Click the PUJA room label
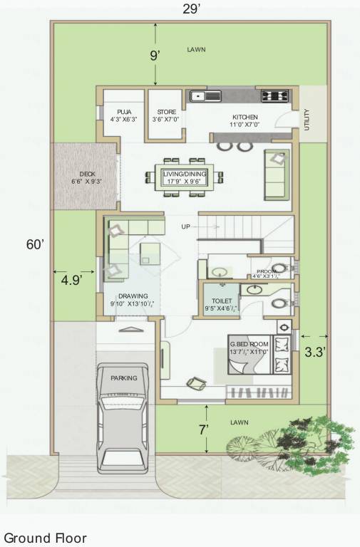(125, 112)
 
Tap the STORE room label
(166, 112)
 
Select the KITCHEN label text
(245, 117)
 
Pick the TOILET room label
(217, 301)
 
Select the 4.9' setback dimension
(71, 280)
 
